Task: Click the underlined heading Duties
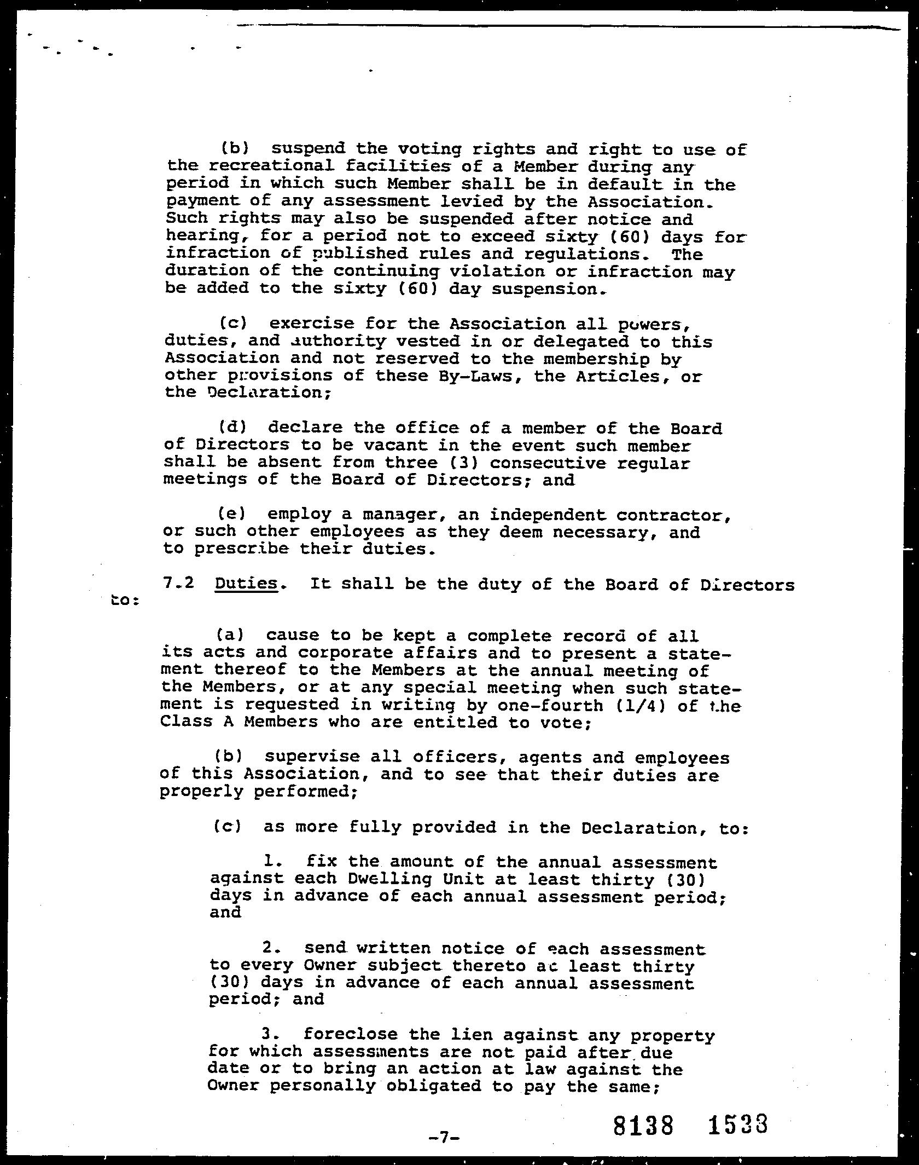pos(246,584)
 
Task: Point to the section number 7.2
pos(178,583)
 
